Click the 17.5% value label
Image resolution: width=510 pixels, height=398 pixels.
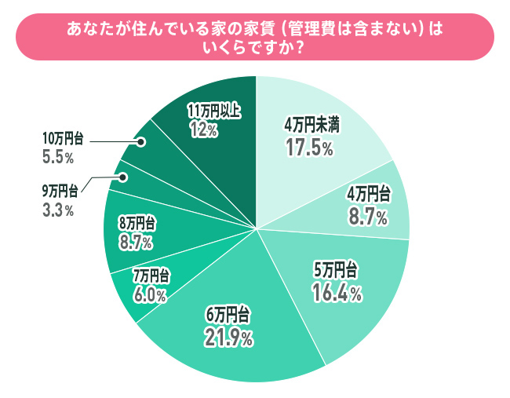click(310, 145)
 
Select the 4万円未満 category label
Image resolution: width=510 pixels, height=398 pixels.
click(311, 125)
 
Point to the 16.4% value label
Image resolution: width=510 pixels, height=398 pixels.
click(338, 293)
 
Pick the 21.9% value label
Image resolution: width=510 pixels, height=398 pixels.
click(229, 338)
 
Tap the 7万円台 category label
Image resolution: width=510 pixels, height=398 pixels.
click(151, 276)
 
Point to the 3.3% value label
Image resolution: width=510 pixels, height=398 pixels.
click(58, 210)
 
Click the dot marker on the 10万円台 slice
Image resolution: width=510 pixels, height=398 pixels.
click(142, 142)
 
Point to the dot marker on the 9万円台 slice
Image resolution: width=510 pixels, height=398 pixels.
click(122, 177)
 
